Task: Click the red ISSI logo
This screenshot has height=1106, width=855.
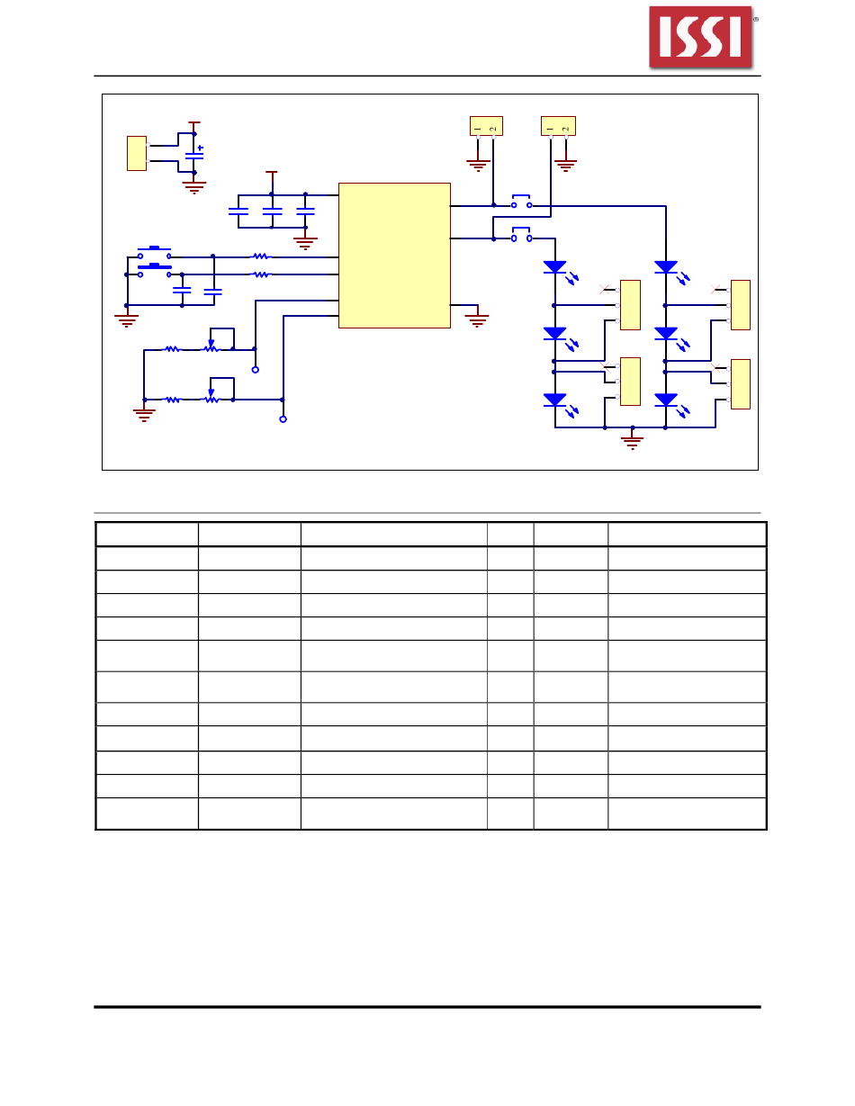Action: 700,37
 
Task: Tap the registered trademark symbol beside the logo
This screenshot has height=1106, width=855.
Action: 755,18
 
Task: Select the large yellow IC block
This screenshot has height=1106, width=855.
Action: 394,256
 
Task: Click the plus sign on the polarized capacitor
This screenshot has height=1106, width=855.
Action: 201,148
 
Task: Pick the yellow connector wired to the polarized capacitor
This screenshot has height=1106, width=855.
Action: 137,153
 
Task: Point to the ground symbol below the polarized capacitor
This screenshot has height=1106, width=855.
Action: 193,187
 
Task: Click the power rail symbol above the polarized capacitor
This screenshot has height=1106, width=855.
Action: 193,123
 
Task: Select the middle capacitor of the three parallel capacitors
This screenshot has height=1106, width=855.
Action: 271,212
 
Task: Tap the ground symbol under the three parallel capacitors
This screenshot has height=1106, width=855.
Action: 305,242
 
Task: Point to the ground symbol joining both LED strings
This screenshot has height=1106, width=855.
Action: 633,441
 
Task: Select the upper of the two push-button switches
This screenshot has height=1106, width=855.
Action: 154,252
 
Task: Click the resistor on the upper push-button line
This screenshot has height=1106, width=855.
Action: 261,256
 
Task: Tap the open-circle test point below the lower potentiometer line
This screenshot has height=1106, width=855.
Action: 283,419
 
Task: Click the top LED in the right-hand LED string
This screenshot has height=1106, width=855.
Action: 666,267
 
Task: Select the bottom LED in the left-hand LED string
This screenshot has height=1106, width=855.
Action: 554,400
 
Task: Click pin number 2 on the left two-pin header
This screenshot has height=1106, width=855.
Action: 492,129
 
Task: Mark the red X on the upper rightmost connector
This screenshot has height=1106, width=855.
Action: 715,290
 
